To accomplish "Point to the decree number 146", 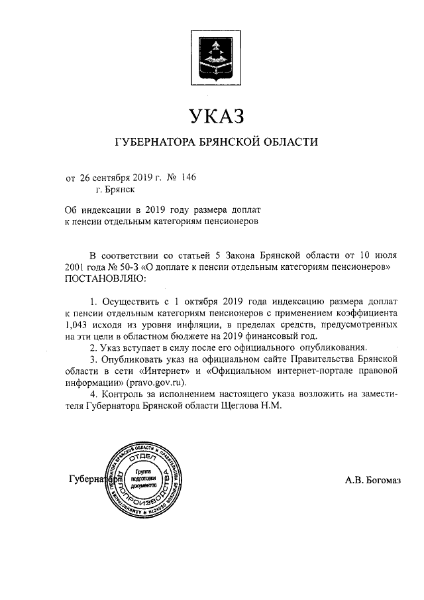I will point(188,177).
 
